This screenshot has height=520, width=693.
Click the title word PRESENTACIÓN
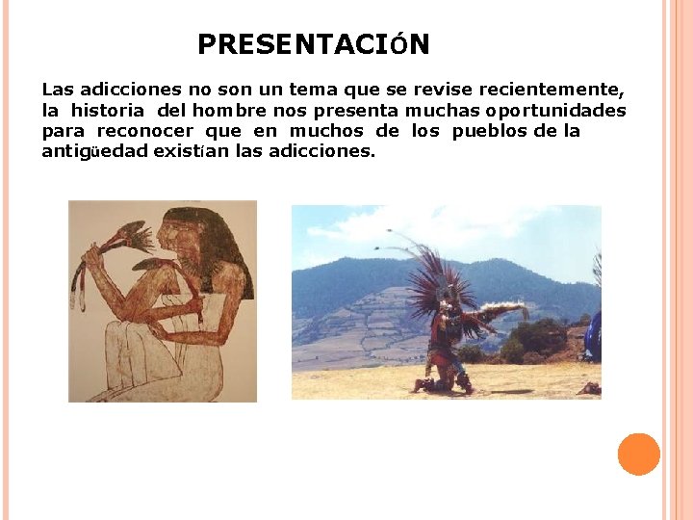point(314,44)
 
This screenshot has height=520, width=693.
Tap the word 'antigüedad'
point(94,151)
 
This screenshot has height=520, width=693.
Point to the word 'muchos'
point(326,131)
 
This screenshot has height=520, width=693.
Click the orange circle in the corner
point(638,455)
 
